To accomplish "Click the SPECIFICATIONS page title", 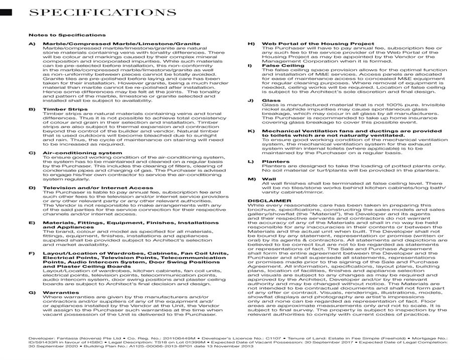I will (x=102, y=13).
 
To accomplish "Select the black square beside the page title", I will (x=6, y=12).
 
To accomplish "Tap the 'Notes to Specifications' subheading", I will (x=67, y=35).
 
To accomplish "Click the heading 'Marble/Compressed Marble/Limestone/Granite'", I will (x=114, y=44).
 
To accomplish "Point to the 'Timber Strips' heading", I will (x=65, y=109).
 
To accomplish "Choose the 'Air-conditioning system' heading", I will (x=82, y=153).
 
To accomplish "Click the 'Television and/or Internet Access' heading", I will (x=98, y=188).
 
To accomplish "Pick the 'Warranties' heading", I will (x=61, y=292).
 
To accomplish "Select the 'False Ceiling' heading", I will (x=283, y=66).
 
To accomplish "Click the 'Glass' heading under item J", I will (x=271, y=100).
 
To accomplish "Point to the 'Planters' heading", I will (x=275, y=162).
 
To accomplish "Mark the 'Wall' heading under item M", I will (x=269, y=179).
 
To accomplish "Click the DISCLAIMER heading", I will (x=269, y=200).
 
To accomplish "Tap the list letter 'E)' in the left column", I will (x=32, y=222).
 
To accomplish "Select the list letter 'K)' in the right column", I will (x=251, y=131).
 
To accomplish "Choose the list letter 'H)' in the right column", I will (x=251, y=44).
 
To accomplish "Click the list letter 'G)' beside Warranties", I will (x=32, y=292).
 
